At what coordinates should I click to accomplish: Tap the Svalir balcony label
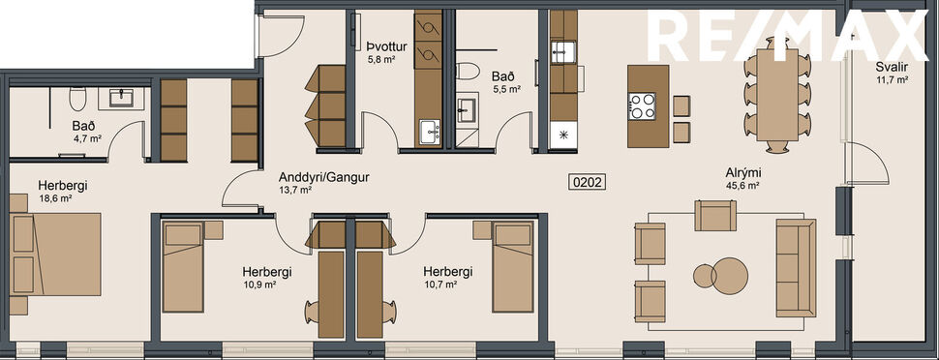click(891, 67)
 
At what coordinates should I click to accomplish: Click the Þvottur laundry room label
click(385, 45)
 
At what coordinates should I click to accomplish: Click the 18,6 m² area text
click(57, 198)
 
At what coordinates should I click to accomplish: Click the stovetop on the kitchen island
click(642, 105)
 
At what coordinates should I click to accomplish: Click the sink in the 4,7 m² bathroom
click(123, 97)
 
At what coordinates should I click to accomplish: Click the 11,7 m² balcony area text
click(891, 79)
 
